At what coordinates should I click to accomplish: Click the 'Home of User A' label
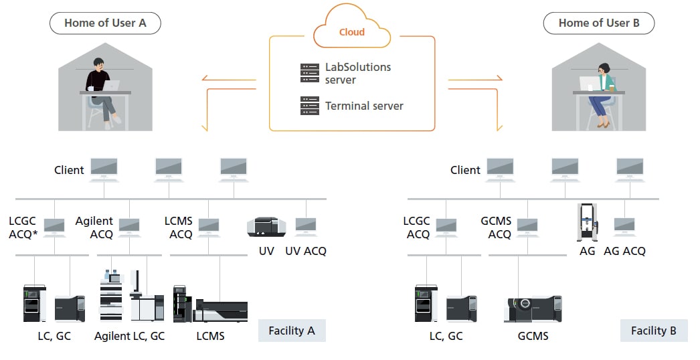(x=105, y=23)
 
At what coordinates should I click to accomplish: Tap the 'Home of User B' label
(x=598, y=23)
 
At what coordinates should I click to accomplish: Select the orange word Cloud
(x=351, y=31)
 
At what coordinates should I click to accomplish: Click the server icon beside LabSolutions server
(x=309, y=73)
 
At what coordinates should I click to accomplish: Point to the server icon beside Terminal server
(x=309, y=105)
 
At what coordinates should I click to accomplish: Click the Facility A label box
(x=292, y=331)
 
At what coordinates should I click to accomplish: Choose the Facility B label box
(x=653, y=331)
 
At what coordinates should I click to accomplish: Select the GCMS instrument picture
(x=532, y=308)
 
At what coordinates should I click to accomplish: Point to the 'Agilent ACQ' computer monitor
(x=129, y=226)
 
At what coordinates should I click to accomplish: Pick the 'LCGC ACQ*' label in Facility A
(x=23, y=228)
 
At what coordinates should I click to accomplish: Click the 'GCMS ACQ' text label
(x=496, y=228)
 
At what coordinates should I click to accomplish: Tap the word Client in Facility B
(x=465, y=170)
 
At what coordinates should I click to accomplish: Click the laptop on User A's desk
(x=110, y=86)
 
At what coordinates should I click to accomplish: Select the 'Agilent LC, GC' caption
(x=129, y=336)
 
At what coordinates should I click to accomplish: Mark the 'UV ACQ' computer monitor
(x=306, y=226)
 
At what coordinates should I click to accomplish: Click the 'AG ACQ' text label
(x=624, y=251)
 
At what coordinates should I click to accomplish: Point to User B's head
(x=603, y=69)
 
